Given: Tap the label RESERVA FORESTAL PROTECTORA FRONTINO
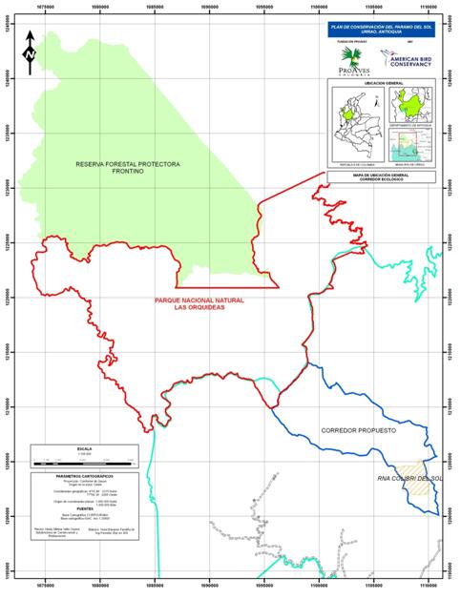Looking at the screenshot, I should (128, 169).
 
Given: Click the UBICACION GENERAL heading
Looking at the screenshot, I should (380, 83).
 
